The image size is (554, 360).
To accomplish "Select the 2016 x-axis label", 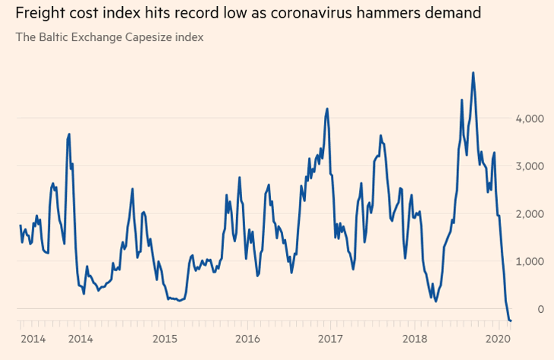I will (247, 339).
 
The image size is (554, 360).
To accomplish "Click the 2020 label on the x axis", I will (497, 339).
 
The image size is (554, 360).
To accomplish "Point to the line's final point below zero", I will (511, 321).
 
